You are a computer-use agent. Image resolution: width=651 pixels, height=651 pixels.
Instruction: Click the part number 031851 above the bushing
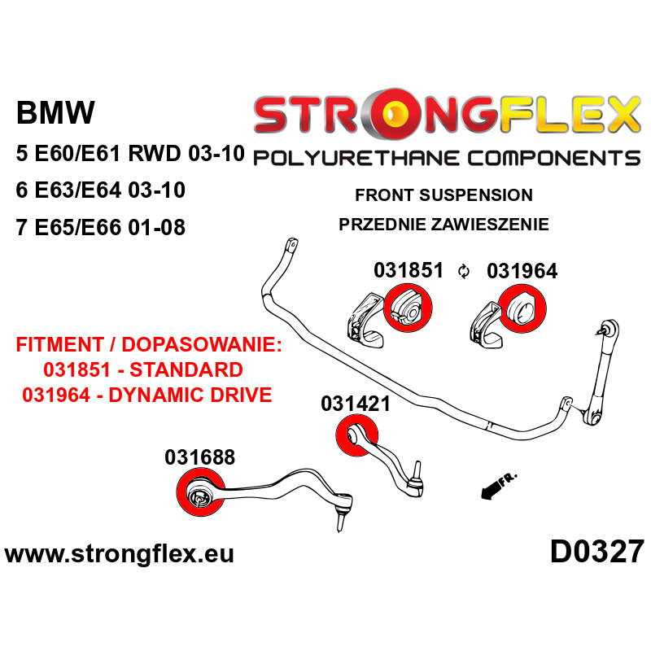point(409,270)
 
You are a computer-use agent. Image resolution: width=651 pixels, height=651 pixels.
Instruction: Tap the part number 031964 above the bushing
point(522,270)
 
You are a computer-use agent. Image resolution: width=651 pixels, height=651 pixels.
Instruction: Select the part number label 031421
point(355,403)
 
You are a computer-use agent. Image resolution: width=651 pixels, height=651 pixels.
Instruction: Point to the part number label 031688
point(199,457)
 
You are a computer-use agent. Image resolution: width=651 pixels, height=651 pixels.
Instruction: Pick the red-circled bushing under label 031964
point(520,309)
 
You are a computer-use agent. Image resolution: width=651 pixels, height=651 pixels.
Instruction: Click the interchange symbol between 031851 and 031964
point(465,272)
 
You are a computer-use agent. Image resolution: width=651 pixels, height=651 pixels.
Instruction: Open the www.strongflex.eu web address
point(120,554)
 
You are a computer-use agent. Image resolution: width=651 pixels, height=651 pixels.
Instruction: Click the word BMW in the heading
point(55,113)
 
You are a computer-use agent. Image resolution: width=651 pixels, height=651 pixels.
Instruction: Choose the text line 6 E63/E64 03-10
point(100,190)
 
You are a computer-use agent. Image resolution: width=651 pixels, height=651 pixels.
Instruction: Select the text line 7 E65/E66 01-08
point(100,228)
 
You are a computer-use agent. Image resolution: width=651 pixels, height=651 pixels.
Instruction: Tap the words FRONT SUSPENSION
point(443,195)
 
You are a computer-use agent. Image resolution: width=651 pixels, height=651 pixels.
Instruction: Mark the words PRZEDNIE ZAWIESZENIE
point(443,225)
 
